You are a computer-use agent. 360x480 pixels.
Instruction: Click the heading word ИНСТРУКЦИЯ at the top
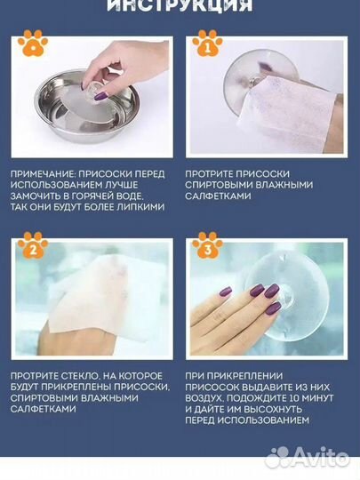[x=180, y=6]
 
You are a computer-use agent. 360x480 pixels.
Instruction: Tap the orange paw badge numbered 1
[x=207, y=41]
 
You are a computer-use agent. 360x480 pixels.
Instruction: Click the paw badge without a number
[x=33, y=41]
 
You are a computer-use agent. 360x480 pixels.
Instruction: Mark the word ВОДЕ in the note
[x=135, y=196]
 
